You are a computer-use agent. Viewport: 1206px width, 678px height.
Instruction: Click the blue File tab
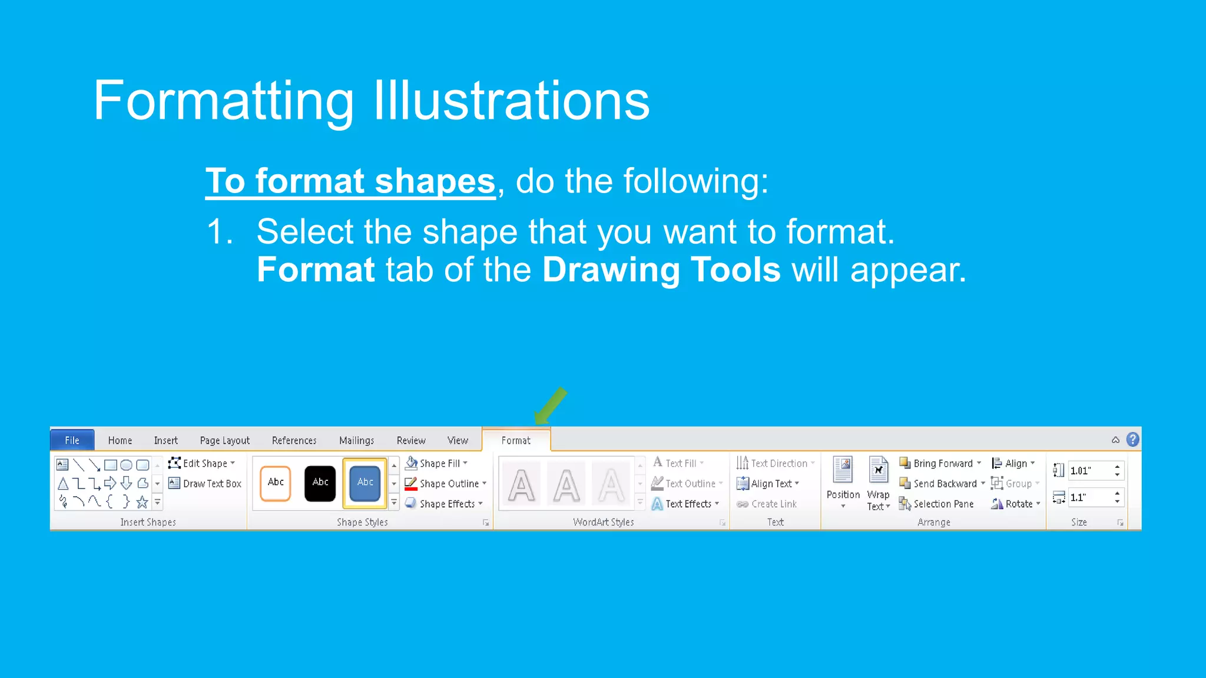pyautogui.click(x=72, y=440)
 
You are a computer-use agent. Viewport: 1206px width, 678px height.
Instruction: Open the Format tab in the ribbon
pyautogui.click(x=516, y=440)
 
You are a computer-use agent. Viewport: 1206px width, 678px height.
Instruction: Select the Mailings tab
pyautogui.click(x=356, y=440)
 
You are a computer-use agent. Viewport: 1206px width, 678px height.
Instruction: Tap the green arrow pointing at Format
pyautogui.click(x=551, y=406)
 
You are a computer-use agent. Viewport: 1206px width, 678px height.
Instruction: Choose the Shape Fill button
pyautogui.click(x=439, y=463)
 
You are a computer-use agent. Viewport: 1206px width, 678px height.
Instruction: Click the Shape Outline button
pyautogui.click(x=448, y=484)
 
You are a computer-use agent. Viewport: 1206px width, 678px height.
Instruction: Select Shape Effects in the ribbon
pyautogui.click(x=446, y=504)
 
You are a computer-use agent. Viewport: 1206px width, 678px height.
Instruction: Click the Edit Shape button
pyautogui.click(x=204, y=463)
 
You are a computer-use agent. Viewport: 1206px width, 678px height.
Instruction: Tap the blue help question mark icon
pyautogui.click(x=1132, y=440)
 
